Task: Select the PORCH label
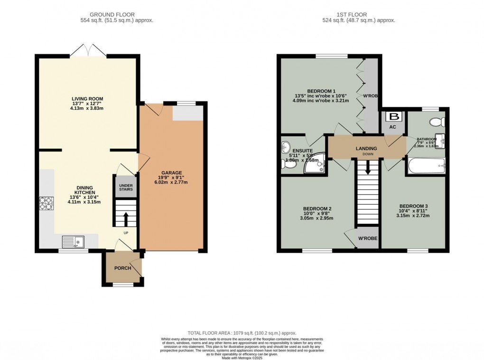[x=122, y=268]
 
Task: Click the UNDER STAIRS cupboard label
[x=126, y=187]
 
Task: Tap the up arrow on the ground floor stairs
[x=126, y=219]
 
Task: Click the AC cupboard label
[x=392, y=127]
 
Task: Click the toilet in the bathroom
[x=436, y=122]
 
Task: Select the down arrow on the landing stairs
[x=367, y=169]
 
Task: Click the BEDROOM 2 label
[x=317, y=208]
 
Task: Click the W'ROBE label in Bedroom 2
[x=368, y=238]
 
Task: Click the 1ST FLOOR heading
[x=365, y=14]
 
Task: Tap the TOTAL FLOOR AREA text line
[x=242, y=333]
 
